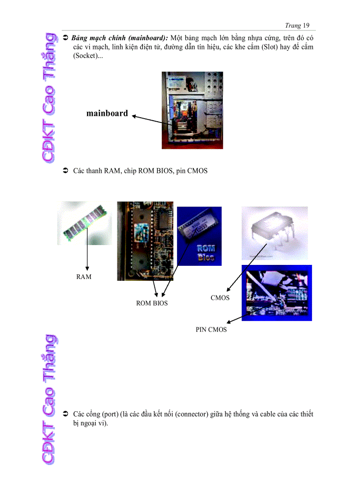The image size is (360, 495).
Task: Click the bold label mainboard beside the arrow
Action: tap(107, 113)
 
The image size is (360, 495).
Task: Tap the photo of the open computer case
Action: tap(192, 110)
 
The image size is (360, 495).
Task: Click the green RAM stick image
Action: tap(84, 223)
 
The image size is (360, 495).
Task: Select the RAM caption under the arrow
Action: tap(84, 277)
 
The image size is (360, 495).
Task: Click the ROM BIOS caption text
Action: tap(152, 303)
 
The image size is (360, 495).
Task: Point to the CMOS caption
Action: tap(220, 298)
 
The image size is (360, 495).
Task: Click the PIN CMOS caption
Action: tap(211, 329)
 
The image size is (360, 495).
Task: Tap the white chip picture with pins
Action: tap(274, 233)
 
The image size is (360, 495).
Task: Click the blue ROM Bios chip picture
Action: tap(199, 236)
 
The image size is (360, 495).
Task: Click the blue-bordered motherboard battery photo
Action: tap(277, 293)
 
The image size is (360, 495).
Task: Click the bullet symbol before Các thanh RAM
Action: tap(64, 171)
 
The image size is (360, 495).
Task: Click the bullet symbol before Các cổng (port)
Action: tap(64, 414)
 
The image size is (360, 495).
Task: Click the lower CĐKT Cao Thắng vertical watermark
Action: tap(49, 399)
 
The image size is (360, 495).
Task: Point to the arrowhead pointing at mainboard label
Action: tap(134, 116)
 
